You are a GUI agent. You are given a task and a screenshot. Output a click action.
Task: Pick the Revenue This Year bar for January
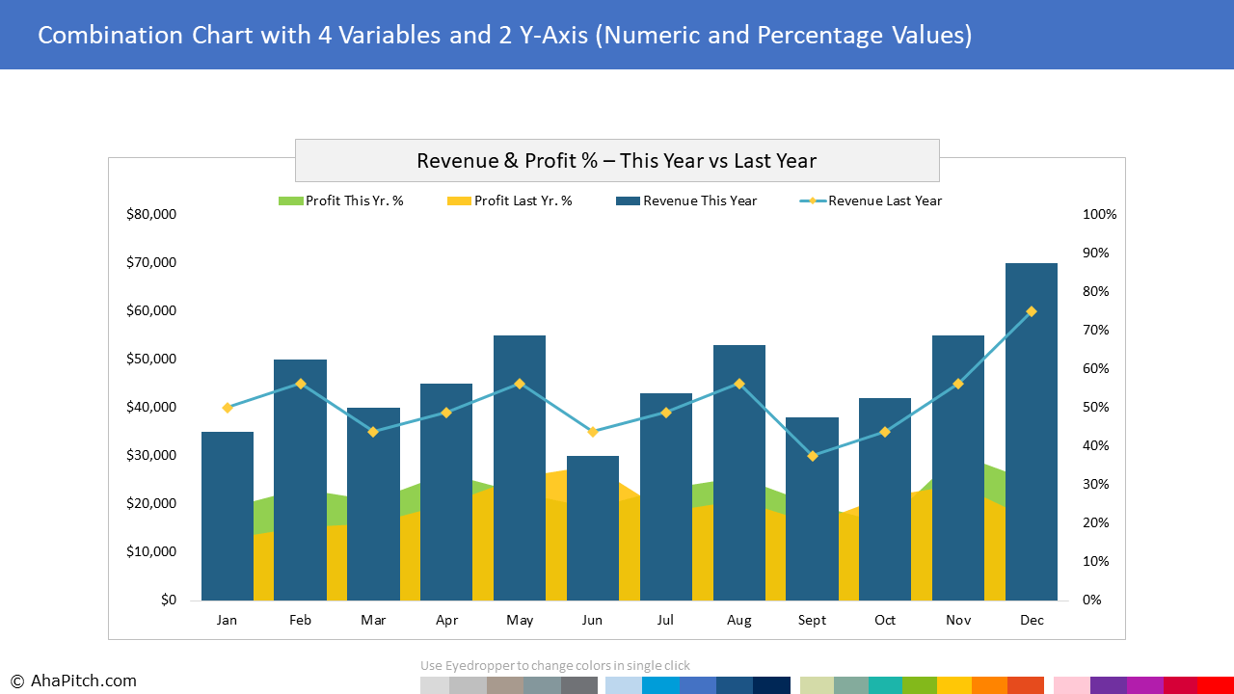coord(228,516)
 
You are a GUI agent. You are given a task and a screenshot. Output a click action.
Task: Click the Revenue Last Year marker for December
coord(1032,311)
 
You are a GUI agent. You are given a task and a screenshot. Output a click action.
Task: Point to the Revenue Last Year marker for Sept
coord(813,456)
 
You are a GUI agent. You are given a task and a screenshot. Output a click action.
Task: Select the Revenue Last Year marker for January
coord(228,408)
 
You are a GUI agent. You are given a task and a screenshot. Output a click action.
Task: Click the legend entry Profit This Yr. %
coord(341,201)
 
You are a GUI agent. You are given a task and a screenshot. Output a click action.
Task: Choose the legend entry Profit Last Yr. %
coord(510,201)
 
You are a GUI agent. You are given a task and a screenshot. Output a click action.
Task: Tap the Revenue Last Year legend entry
coord(872,201)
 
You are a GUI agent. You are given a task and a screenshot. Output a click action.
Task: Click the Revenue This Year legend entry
coord(686,201)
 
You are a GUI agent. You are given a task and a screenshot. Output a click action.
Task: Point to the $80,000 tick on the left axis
coord(151,215)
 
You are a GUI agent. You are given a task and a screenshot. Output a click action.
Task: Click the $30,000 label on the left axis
coord(151,456)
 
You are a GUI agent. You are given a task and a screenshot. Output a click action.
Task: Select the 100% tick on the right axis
coord(1100,215)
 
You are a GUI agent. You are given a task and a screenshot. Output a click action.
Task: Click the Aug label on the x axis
coord(739,621)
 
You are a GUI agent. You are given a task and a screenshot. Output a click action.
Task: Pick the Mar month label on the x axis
coord(373,621)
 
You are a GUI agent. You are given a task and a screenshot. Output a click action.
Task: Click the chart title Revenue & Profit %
coord(617,161)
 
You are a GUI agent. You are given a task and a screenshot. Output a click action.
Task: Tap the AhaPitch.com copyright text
coord(73,681)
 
